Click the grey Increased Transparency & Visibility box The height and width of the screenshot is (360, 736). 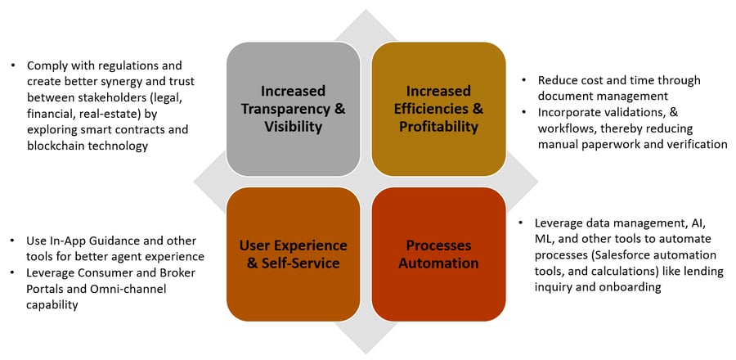[x=294, y=109]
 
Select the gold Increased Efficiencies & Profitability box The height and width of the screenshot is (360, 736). [x=439, y=109]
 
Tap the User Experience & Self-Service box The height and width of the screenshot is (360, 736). [x=294, y=254]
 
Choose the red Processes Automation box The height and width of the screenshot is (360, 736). [x=439, y=254]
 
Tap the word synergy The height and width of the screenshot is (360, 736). [x=128, y=82]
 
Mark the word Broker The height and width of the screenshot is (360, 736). [x=178, y=273]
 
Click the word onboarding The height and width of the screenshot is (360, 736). [x=632, y=287]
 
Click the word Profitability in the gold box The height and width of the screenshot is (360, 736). [x=439, y=127]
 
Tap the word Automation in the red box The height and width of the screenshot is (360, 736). [x=439, y=263]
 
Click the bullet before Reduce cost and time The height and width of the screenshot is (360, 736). [x=524, y=81]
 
